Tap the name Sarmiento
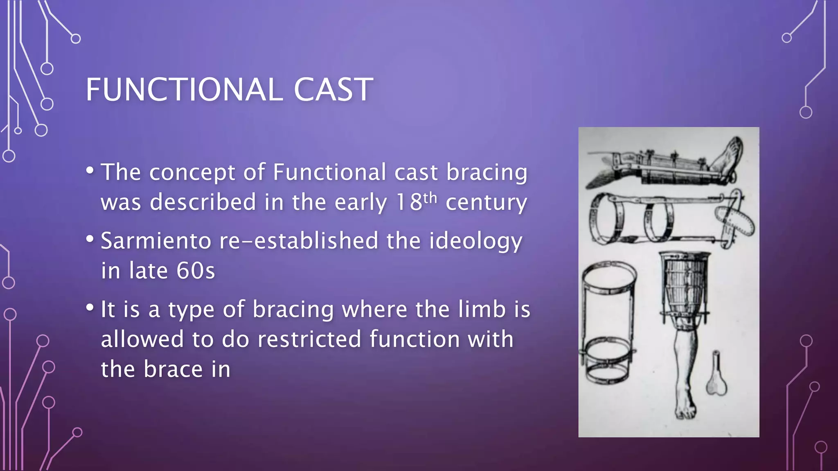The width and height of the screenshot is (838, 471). click(156, 241)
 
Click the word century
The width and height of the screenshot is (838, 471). click(486, 202)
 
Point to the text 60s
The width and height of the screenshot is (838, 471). click(196, 271)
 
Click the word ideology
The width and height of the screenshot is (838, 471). click(475, 241)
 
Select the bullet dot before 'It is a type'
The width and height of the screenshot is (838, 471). click(90, 307)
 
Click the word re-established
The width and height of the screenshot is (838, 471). click(299, 241)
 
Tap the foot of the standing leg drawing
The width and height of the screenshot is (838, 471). click(685, 407)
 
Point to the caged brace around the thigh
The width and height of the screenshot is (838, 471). click(685, 286)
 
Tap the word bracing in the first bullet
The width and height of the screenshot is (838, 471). click(487, 172)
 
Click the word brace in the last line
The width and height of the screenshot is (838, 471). click(173, 370)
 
